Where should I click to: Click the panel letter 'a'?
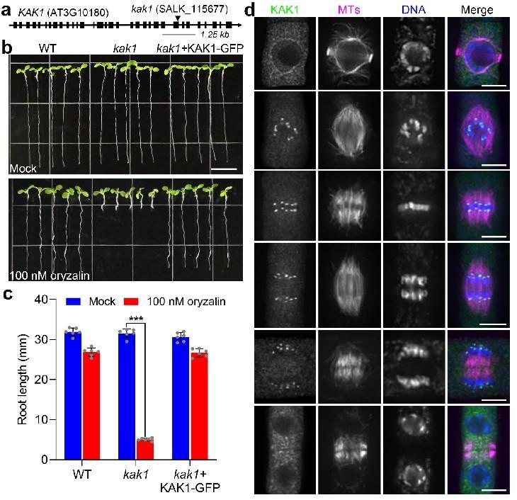click(7, 11)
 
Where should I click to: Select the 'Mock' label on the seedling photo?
click(23, 169)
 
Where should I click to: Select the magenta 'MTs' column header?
click(346, 9)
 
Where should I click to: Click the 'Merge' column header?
click(475, 9)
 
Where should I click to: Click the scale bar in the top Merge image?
click(494, 87)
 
